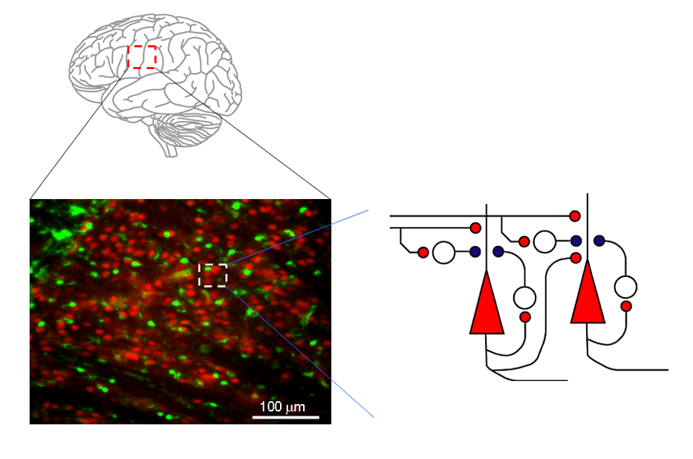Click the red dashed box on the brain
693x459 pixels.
click(x=141, y=57)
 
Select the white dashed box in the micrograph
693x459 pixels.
click(x=213, y=275)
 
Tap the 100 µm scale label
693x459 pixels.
click(x=282, y=407)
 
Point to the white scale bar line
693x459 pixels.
click(x=286, y=417)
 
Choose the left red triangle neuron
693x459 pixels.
click(x=487, y=305)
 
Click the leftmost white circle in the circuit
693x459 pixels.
click(x=443, y=253)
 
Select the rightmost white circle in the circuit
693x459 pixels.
click(x=626, y=287)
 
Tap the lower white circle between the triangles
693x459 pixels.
click(x=524, y=298)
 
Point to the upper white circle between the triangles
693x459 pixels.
click(x=544, y=241)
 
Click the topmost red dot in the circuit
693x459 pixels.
click(x=575, y=216)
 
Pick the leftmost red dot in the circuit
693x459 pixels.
click(x=423, y=253)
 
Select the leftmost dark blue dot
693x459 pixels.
click(x=475, y=252)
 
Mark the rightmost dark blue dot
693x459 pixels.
click(x=599, y=241)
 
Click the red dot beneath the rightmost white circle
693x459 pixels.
click(x=626, y=306)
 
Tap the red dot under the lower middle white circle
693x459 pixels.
click(x=525, y=317)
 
